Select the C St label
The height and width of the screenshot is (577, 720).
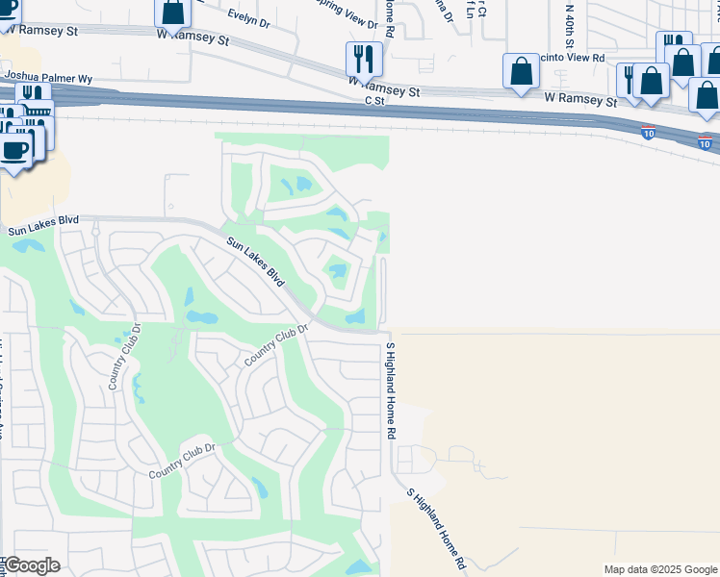tap(373, 99)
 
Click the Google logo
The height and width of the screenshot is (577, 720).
tap(32, 565)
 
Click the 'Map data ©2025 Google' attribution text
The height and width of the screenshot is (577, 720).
tap(660, 569)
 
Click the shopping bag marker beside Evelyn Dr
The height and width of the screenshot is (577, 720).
tap(172, 12)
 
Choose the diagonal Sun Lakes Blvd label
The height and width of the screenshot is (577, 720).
tap(257, 262)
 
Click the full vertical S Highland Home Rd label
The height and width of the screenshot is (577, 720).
tap(391, 390)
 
